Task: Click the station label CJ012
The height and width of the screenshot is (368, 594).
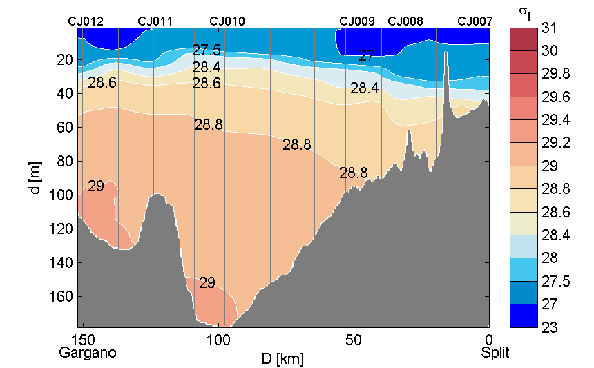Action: pos(86,21)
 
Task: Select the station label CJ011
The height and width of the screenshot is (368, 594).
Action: pos(155,21)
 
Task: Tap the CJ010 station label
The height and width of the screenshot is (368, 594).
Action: pos(227,21)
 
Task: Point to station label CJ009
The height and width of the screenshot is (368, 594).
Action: pos(357,21)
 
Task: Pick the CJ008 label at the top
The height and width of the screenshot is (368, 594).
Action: pos(405,21)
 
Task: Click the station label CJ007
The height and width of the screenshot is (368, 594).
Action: pos(475,21)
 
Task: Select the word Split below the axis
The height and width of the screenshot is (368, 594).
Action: pos(495,353)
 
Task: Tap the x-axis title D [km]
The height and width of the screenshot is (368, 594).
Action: pos(282,358)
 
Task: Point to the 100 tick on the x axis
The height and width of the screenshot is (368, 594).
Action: pos(218,340)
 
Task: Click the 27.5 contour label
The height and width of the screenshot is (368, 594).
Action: pos(207,50)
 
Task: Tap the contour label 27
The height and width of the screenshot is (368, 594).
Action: pos(366,56)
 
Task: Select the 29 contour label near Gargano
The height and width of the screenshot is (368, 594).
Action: pos(96,186)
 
